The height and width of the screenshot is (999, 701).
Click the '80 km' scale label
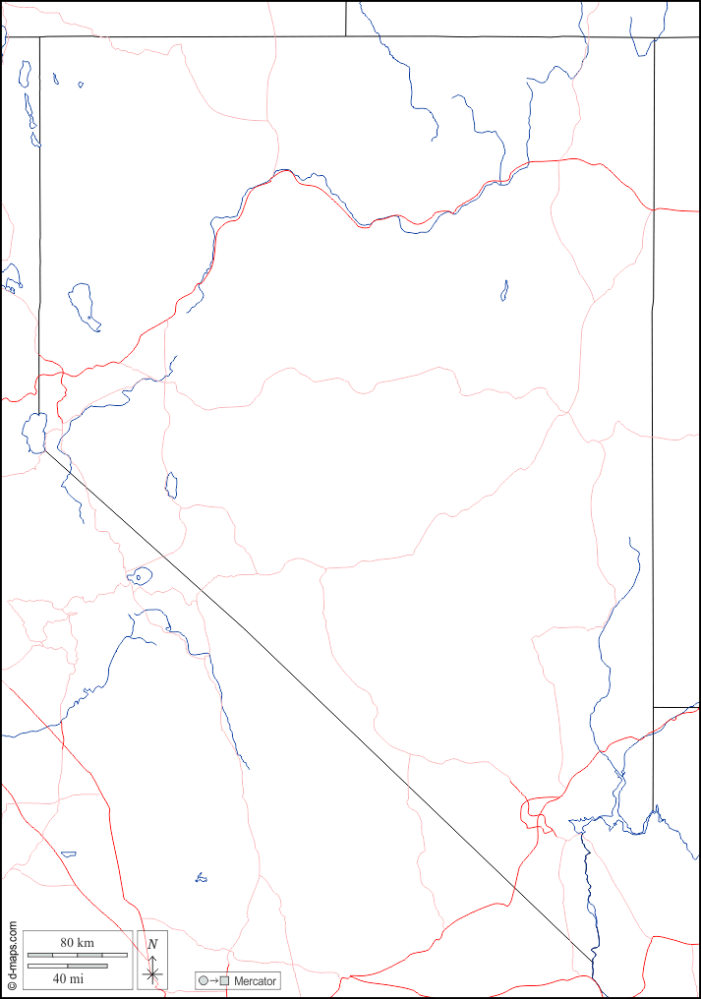coord(77,943)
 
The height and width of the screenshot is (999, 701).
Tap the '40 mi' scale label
coord(68,978)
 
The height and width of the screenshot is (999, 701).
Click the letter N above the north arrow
coord(151,944)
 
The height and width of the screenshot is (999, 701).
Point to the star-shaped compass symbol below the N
coord(151,973)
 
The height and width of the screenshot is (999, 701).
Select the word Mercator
coord(256,981)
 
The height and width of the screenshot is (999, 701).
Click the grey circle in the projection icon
coord(204,981)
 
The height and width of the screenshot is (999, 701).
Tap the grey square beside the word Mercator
coord(224,981)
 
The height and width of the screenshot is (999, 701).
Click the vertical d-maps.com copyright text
coord(12,955)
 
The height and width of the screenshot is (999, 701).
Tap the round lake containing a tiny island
coord(140,576)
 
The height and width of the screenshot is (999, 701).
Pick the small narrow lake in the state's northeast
coord(504,290)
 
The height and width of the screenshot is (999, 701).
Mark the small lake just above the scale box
coord(69,853)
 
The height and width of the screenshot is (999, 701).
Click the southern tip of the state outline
coord(593,962)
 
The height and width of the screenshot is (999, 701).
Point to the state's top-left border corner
coord(39,37)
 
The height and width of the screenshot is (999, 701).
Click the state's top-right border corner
coord(654,38)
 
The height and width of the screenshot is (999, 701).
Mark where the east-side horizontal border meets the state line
coord(654,707)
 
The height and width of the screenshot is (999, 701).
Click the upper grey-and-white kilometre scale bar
coord(77,955)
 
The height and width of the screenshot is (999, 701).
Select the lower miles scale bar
coord(67,966)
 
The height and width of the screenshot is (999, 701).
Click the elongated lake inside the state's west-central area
coord(171,485)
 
